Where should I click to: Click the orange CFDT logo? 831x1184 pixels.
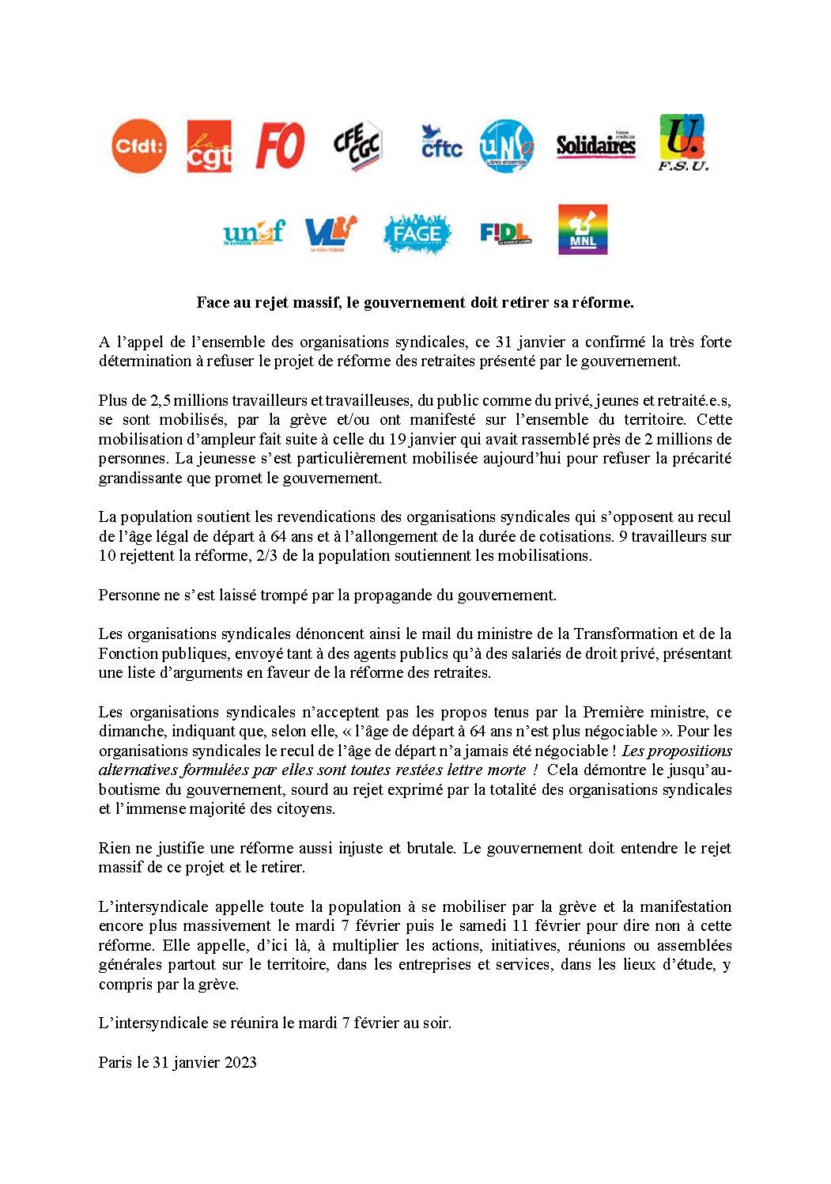[x=138, y=146]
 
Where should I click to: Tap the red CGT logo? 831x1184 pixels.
[x=209, y=146]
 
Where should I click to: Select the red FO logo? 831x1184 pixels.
[x=280, y=146]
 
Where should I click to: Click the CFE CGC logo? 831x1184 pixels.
[x=357, y=146]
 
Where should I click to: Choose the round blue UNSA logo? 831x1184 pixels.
[x=507, y=146]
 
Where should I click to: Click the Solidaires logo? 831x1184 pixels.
[x=596, y=146]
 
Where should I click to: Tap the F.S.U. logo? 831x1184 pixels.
[x=683, y=142]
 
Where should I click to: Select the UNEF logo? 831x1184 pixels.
[x=253, y=233]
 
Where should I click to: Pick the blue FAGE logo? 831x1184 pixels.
[x=417, y=233]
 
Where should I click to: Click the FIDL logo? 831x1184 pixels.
[x=505, y=233]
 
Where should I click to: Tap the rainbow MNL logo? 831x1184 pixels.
[x=582, y=229]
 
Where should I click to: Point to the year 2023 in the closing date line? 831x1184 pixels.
[x=240, y=1062]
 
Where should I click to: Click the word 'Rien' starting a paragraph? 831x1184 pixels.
[x=114, y=848]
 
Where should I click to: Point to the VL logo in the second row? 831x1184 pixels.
[x=331, y=232]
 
